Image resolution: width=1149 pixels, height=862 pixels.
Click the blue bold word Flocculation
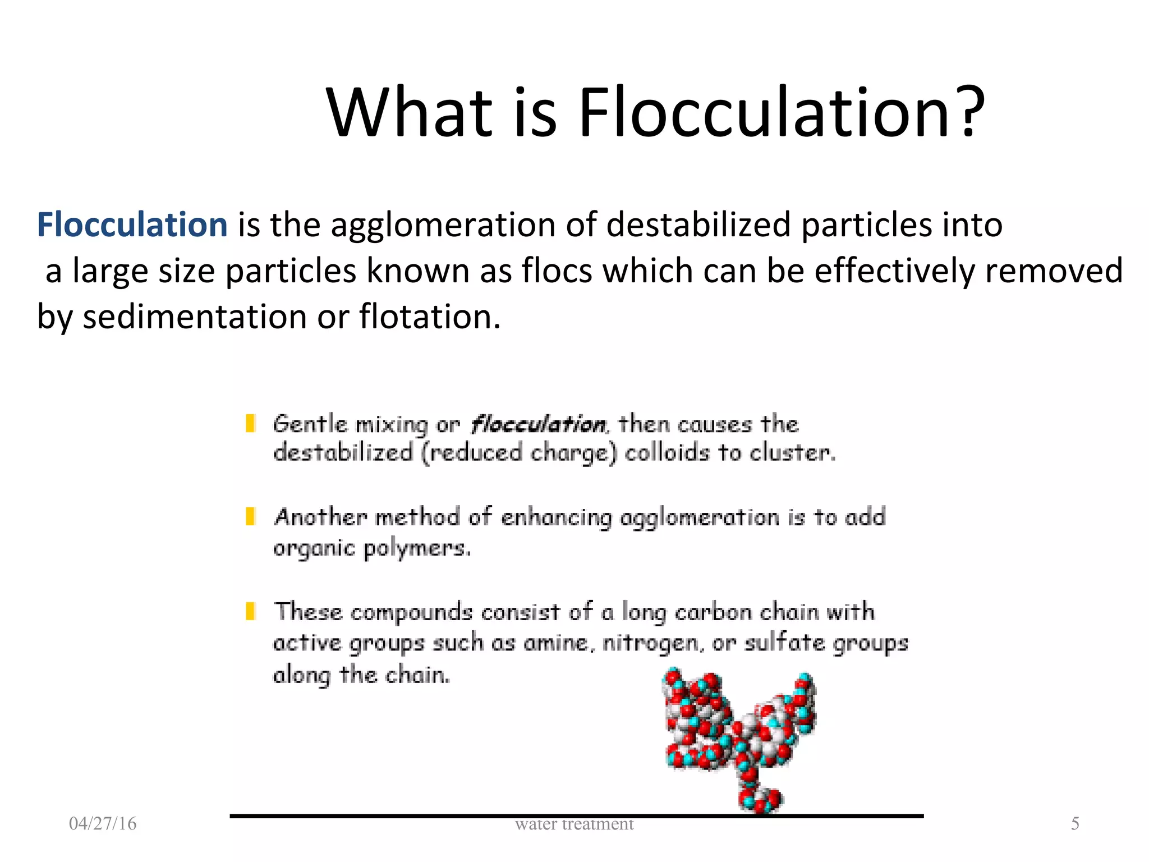pos(132,224)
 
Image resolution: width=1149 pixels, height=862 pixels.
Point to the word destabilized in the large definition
pos(698,224)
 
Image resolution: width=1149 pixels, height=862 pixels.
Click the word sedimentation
pos(195,317)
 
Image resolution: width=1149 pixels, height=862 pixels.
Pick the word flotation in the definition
pos(429,317)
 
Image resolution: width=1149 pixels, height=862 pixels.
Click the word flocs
pos(557,270)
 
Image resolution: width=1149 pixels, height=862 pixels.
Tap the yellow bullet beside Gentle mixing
pos(251,423)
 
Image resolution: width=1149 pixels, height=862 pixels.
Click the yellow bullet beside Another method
pos(251,516)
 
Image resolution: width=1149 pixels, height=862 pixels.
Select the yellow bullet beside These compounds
pos(251,611)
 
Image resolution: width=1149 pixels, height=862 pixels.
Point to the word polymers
pos(417,548)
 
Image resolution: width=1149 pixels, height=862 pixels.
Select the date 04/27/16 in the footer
pos(103,823)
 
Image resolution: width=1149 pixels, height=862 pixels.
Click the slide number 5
pos(1075,823)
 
